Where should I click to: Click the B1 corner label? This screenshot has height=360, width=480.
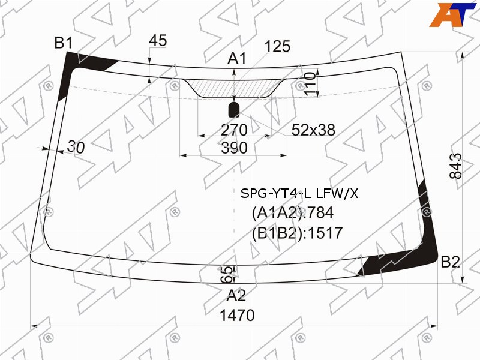click(x=64, y=43)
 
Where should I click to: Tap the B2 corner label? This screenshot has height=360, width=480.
click(x=451, y=262)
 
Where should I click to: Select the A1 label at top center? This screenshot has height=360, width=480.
click(x=237, y=59)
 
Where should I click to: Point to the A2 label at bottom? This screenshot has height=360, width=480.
click(x=236, y=295)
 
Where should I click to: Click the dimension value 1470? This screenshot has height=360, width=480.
click(x=237, y=315)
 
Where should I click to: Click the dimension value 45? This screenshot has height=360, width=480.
click(x=158, y=41)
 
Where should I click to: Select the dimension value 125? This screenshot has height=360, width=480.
click(x=277, y=46)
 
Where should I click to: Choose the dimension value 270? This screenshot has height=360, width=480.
click(x=234, y=130)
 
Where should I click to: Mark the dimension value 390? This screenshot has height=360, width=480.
click(x=234, y=148)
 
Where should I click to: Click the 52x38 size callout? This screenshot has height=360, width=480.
click(x=313, y=130)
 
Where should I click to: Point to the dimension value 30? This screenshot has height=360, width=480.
click(x=76, y=146)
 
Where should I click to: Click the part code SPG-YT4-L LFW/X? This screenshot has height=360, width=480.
click(x=299, y=194)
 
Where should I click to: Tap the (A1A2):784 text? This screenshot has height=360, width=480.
click(x=293, y=213)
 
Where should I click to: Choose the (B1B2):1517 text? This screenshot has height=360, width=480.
click(x=297, y=233)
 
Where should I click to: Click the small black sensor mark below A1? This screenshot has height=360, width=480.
click(x=234, y=109)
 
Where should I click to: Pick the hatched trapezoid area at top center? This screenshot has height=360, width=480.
click(x=234, y=88)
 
